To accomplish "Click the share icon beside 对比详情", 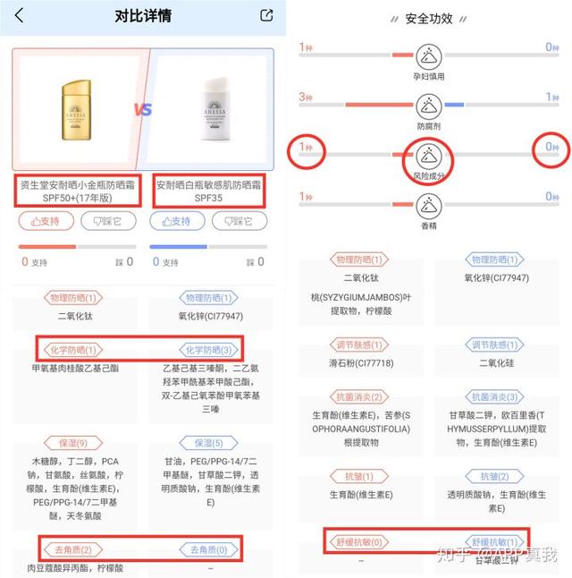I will point(265,15).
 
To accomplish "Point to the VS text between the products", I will point(143,110).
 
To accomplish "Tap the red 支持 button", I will point(46,220).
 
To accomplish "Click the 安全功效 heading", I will point(429,18).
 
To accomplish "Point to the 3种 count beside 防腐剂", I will point(306,96).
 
